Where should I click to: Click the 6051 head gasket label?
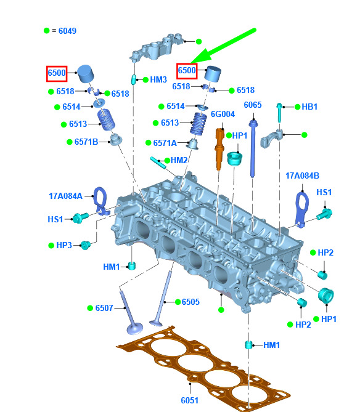click(x=189, y=400)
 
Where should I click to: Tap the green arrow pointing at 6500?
click(x=223, y=46)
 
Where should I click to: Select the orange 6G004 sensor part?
click(x=219, y=148)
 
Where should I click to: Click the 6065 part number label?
click(x=253, y=105)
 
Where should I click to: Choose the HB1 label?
click(x=309, y=107)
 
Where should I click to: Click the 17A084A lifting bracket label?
click(x=65, y=196)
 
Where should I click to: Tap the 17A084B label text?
click(x=302, y=176)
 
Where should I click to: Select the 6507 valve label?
click(x=104, y=308)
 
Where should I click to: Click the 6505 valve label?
click(x=190, y=302)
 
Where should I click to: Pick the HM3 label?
click(x=158, y=79)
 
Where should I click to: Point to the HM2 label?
click(x=179, y=160)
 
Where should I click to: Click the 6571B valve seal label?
click(x=86, y=142)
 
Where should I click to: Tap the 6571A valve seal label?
click(x=165, y=143)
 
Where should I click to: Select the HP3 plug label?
click(x=64, y=245)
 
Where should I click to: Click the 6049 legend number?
click(x=67, y=31)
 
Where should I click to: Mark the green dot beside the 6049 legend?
click(x=47, y=30)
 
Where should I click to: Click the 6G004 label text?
click(x=223, y=114)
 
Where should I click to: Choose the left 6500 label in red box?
click(x=57, y=73)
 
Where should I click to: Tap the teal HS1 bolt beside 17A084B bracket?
click(x=324, y=214)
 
